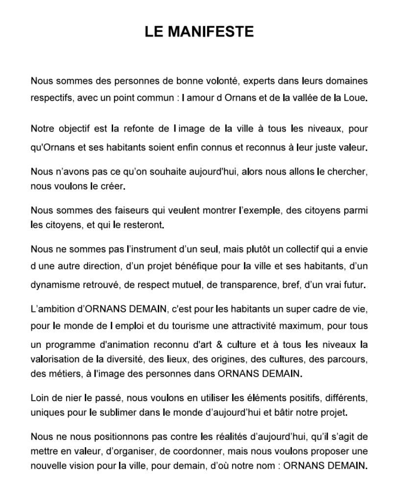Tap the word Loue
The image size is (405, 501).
tap(357, 97)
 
